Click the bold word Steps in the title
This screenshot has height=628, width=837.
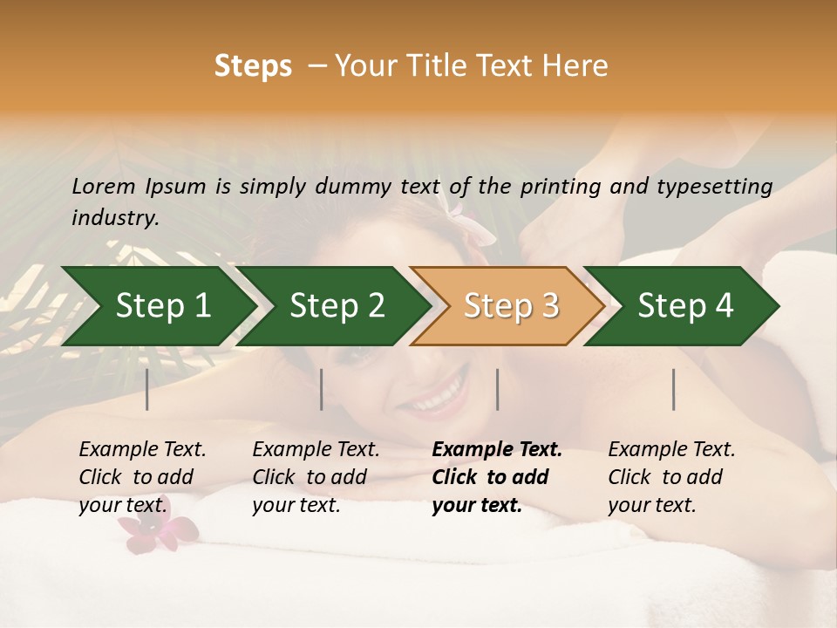[253, 66]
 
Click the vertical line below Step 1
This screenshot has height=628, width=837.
[147, 389]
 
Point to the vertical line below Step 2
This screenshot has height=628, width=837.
[322, 389]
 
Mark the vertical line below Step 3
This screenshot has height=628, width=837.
[498, 389]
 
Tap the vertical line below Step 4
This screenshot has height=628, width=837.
[674, 389]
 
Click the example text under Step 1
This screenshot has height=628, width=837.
[142, 477]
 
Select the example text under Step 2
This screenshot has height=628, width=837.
[316, 477]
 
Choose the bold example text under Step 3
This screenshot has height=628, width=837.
[497, 477]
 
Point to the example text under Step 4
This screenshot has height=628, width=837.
[671, 477]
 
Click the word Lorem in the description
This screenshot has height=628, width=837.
[104, 186]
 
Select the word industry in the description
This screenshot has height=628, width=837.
[114, 217]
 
